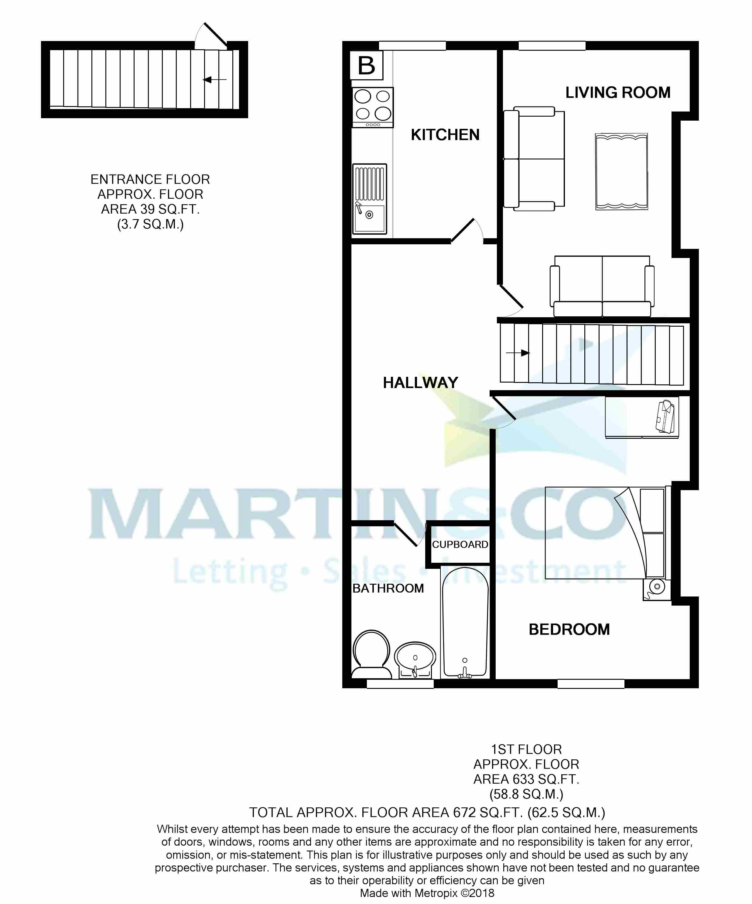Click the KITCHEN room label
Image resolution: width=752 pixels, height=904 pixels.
[445, 135]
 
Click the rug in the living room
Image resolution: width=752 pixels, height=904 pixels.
[621, 171]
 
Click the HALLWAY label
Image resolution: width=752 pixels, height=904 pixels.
[420, 383]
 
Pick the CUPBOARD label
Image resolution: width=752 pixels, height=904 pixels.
[460, 545]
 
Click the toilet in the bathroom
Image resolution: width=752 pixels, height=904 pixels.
[371, 654]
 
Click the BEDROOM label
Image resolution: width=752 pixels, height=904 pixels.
[569, 629]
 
